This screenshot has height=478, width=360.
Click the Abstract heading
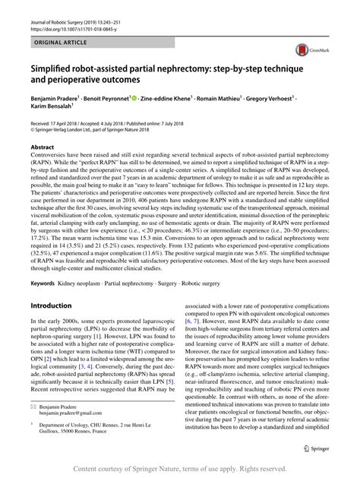point(43,146)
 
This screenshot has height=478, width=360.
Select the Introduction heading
point(50,284)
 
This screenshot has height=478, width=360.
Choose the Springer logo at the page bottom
point(321,448)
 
